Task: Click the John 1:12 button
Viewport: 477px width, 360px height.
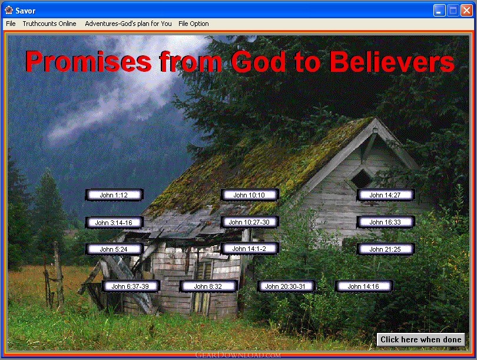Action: tap(114, 195)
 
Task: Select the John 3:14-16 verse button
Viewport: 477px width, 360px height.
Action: tap(114, 223)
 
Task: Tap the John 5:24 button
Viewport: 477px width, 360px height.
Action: tap(114, 249)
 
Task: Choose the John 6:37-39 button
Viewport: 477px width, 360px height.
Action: tap(131, 286)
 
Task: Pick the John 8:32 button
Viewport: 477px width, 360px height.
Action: tap(208, 286)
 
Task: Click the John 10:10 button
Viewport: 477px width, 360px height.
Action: tap(250, 195)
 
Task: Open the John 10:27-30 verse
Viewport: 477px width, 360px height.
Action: tap(250, 222)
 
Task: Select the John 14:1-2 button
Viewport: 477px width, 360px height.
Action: tap(250, 249)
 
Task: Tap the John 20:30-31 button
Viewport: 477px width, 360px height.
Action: tap(286, 286)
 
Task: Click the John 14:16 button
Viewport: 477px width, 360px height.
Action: tap(364, 286)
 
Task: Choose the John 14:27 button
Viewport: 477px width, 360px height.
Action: tap(386, 195)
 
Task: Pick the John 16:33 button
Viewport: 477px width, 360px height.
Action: tap(386, 222)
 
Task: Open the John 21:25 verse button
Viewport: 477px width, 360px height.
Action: tap(386, 249)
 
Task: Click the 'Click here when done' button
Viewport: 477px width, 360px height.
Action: tap(421, 339)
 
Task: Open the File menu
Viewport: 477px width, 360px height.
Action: tap(11, 24)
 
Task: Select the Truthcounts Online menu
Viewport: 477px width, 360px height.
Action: tap(49, 24)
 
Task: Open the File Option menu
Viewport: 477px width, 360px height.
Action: tap(194, 24)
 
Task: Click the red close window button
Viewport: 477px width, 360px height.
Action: tap(466, 11)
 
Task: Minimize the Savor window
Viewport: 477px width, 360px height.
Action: tap(439, 11)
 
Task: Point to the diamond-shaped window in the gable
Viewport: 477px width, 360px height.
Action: tap(361, 179)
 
